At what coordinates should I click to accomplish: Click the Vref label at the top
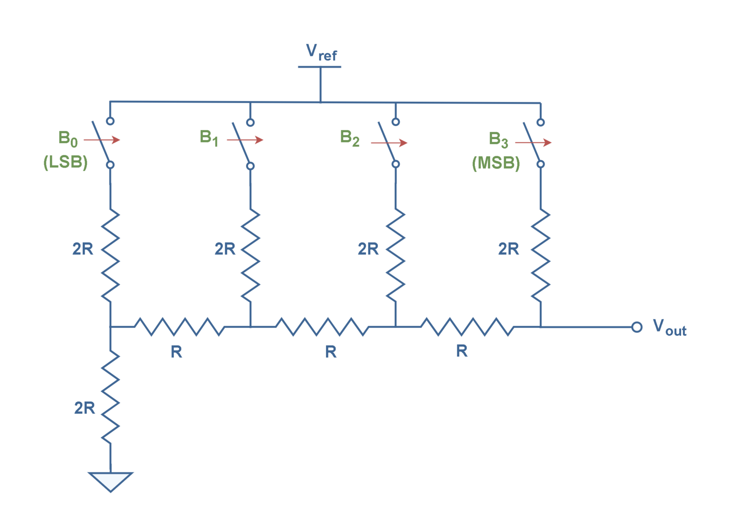pos(321,52)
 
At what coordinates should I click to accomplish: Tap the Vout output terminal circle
pos(636,327)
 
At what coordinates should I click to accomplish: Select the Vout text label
pos(669,328)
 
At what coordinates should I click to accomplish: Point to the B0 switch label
pos(68,139)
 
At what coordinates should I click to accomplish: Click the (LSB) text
pos(66,163)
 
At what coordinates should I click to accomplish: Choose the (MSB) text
pos(496,163)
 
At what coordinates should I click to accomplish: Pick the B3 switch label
pos(498,139)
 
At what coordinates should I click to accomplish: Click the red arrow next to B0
pos(102,139)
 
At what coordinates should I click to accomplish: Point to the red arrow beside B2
pos(389,143)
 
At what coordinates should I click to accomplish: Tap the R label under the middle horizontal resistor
pos(331,352)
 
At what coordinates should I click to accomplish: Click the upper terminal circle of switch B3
pos(540,122)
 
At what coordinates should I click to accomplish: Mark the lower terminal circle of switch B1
pos(251,166)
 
